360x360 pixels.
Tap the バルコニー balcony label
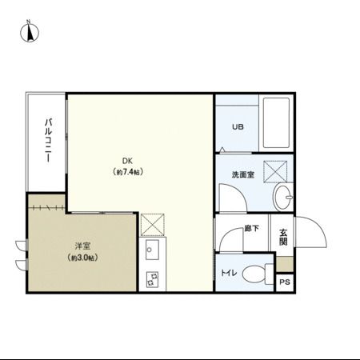[49, 140]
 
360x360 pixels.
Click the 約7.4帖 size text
[128, 172]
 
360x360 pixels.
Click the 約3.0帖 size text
[82, 258]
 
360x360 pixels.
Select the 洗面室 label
[242, 174]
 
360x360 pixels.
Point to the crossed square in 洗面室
[277, 170]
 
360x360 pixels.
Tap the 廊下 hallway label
[251, 229]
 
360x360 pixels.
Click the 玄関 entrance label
[283, 238]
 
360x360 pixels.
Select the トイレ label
[228, 274]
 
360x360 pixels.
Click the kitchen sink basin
[152, 254]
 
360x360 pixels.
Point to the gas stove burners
[152, 279]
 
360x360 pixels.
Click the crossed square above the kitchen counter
[152, 225]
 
